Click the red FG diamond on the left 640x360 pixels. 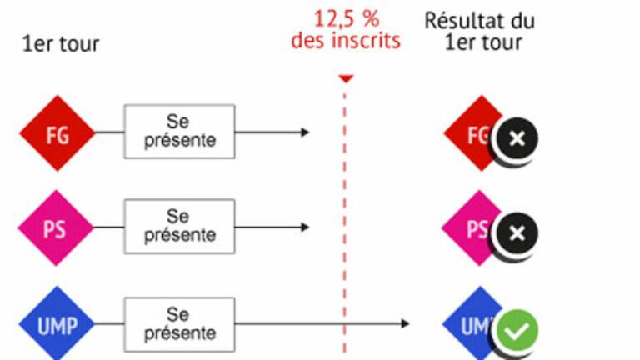tap(57, 133)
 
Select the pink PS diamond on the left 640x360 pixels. tap(56, 227)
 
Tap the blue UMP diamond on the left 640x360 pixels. tap(57, 323)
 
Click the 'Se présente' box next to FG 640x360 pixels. tap(180, 132)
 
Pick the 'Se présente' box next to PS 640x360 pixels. tap(180, 226)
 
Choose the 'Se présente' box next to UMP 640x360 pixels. tap(180, 324)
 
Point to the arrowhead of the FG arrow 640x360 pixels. tap(305, 132)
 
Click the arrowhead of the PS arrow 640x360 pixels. tap(305, 227)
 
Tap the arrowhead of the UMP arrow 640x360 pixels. tap(405, 323)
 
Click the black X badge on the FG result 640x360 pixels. tap(517, 139)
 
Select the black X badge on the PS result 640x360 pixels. tap(517, 233)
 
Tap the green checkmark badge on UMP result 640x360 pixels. tap(517, 331)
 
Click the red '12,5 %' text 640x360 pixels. tap(346, 19)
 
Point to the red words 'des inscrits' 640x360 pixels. tap(346, 41)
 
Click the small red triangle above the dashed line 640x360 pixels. tap(346, 78)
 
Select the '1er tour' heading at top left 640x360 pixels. tap(61, 44)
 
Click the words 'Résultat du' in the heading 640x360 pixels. tap(480, 20)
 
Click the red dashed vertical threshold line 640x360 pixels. tap(345, 223)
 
